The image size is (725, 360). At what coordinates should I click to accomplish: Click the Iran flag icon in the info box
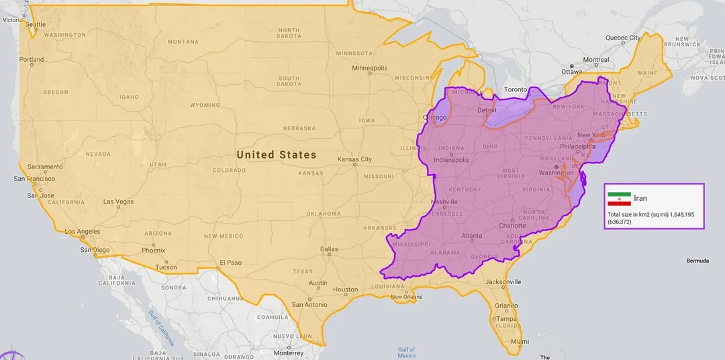point(619,199)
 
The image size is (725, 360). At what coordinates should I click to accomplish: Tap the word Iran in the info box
point(640,199)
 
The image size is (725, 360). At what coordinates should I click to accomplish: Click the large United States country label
point(276,154)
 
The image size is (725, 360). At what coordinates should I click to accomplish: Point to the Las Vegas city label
point(118,201)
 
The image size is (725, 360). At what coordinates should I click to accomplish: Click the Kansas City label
point(354,159)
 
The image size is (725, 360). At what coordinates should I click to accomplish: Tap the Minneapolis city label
point(370,68)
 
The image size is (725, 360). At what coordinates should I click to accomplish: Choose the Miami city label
point(516,342)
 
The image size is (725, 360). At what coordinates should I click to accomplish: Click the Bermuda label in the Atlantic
point(697,261)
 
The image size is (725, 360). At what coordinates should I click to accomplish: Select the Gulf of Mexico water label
point(406,353)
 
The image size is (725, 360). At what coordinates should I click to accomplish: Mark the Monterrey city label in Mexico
point(289,353)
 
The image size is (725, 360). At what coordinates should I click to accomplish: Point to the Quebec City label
point(623,38)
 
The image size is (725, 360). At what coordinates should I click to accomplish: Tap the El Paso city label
point(230,263)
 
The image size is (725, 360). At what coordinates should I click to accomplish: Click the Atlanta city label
point(472,236)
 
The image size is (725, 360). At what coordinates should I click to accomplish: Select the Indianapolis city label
point(452,160)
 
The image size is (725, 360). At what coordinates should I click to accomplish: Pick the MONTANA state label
point(183,42)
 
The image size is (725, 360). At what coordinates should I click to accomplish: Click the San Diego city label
point(95,250)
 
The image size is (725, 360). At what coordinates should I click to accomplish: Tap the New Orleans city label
point(407,297)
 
